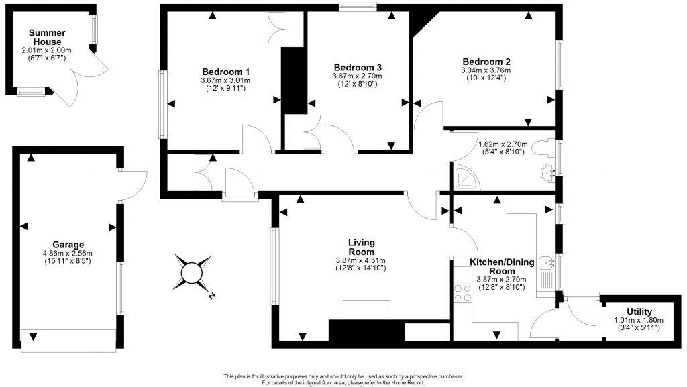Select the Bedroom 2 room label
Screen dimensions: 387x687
click(485, 62)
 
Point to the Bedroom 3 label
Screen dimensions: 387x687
click(358, 68)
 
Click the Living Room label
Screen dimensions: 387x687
click(361, 247)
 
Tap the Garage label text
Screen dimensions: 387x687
click(67, 245)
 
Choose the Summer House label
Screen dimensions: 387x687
click(46, 37)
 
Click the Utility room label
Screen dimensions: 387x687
click(639, 311)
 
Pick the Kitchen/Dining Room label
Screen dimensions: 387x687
click(501, 266)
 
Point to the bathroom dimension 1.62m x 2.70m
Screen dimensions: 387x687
click(503, 144)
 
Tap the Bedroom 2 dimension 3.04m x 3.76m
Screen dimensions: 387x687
click(485, 70)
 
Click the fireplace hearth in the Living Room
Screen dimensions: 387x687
click(367, 311)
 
